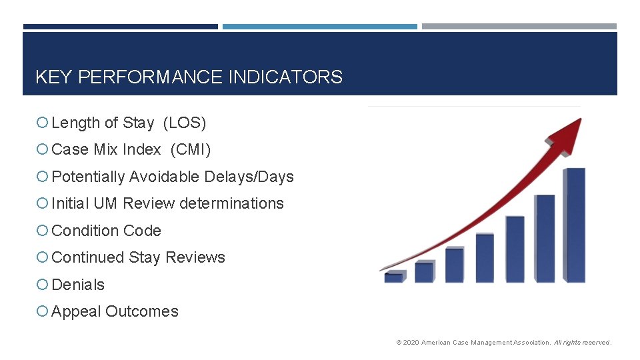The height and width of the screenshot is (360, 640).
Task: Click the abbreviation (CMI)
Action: (x=191, y=150)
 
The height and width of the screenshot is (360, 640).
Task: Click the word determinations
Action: (x=239, y=203)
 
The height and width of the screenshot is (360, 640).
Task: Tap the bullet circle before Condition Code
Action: (x=42, y=231)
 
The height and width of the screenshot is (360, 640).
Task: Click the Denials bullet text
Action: (x=78, y=285)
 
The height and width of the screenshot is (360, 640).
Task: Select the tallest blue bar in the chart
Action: (x=575, y=225)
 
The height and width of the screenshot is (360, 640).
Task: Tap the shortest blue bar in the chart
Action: (x=394, y=277)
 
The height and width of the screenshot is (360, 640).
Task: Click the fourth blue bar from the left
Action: (x=485, y=258)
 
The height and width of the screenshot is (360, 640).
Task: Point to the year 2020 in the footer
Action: (x=411, y=343)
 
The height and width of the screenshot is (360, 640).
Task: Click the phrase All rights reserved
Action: (x=582, y=343)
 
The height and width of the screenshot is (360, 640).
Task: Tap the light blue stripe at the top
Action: (x=319, y=27)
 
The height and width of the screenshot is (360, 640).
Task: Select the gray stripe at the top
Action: (x=519, y=27)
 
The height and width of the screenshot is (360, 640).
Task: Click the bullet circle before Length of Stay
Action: (x=42, y=123)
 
